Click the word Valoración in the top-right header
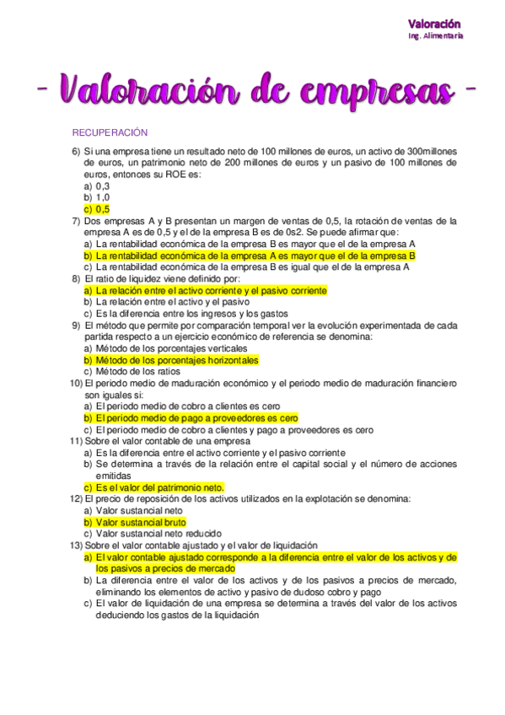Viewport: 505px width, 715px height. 435,24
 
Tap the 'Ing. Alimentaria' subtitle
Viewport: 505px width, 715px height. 435,36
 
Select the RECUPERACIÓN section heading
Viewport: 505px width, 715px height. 110,132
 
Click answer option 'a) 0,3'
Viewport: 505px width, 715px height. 96,185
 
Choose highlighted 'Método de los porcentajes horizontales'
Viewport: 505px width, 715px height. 176,360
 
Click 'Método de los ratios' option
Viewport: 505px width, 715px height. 138,371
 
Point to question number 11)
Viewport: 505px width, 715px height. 75,441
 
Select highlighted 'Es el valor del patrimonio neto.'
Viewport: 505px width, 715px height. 154,487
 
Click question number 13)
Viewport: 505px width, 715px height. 75,546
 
